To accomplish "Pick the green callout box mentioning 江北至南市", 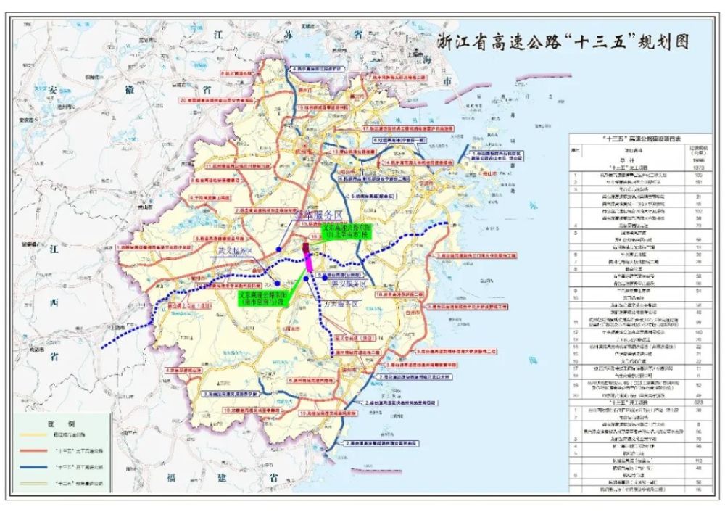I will coord(345,231).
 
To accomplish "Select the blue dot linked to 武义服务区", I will coord(278,284).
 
